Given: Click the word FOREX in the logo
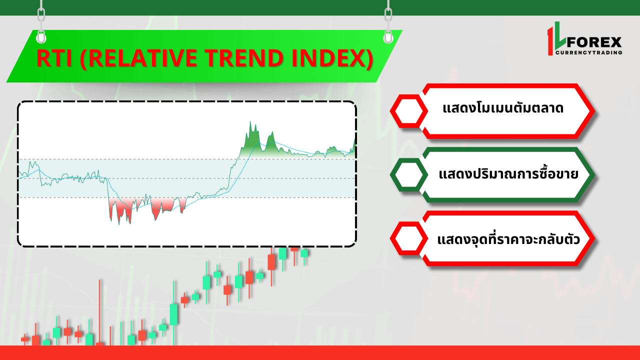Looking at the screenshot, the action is (x=594, y=42).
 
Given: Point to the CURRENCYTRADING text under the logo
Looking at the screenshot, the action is (x=589, y=52).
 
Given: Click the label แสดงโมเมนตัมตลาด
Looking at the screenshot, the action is (x=503, y=108).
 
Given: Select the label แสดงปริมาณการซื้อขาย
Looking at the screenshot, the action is (x=508, y=173).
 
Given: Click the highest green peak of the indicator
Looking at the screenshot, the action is (x=250, y=122).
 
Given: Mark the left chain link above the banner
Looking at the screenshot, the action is (x=41, y=15).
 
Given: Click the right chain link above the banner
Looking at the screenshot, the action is (x=388, y=15).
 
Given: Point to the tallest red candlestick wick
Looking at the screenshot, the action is (x=99, y=312).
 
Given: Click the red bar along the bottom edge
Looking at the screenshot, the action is (x=320, y=353).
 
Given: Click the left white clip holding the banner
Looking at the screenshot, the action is (x=41, y=37).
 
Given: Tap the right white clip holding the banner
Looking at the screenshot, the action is (x=388, y=37).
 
